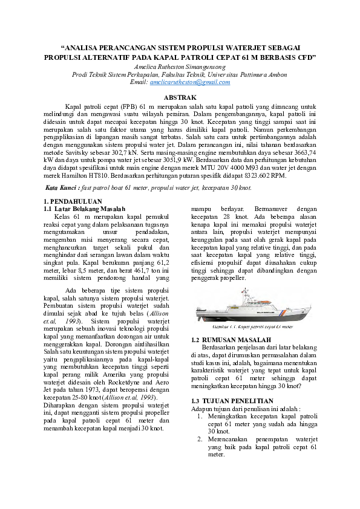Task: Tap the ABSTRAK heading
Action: [180, 97]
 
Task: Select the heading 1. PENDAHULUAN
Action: [73, 201]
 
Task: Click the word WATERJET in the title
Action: [242, 47]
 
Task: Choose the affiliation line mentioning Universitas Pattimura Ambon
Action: [180, 74]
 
